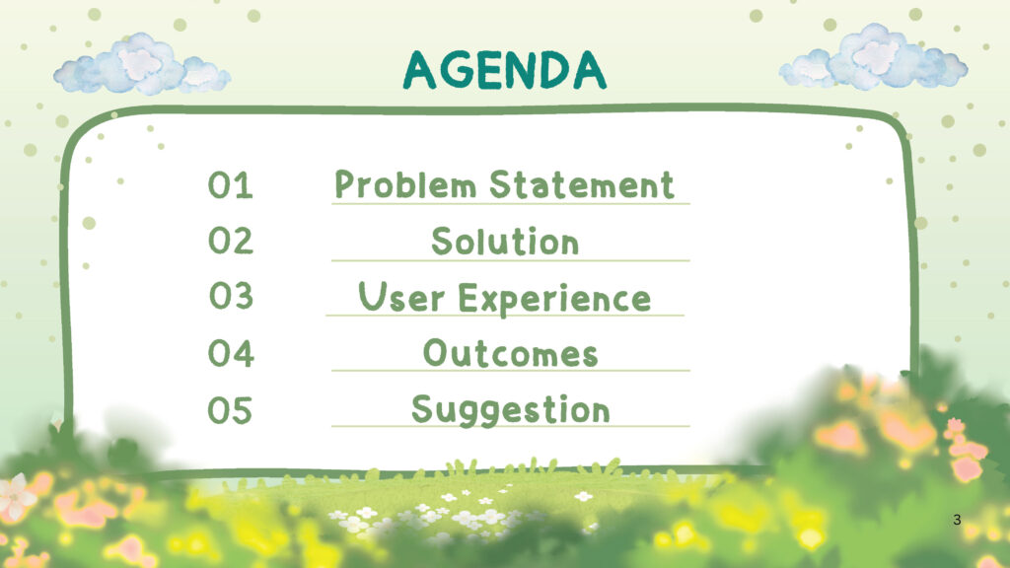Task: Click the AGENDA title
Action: pos(504,70)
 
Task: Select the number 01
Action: pos(230,184)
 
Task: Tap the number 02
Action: pos(231,241)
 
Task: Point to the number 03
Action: pos(231,296)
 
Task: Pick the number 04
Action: pos(231,354)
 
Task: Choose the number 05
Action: pos(229,410)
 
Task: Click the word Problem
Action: pos(405,184)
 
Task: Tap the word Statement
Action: pos(582,184)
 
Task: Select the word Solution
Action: pos(505,242)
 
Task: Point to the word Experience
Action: pos(554,300)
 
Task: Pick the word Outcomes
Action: pos(510,354)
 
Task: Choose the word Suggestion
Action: pos(510,411)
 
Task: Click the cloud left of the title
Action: pos(142,65)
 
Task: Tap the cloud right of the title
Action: pos(874,58)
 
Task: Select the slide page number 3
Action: pos(957,520)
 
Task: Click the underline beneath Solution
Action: pos(510,260)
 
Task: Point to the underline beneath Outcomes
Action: pos(510,371)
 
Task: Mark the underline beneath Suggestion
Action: pos(510,426)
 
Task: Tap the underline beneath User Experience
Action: pos(505,316)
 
